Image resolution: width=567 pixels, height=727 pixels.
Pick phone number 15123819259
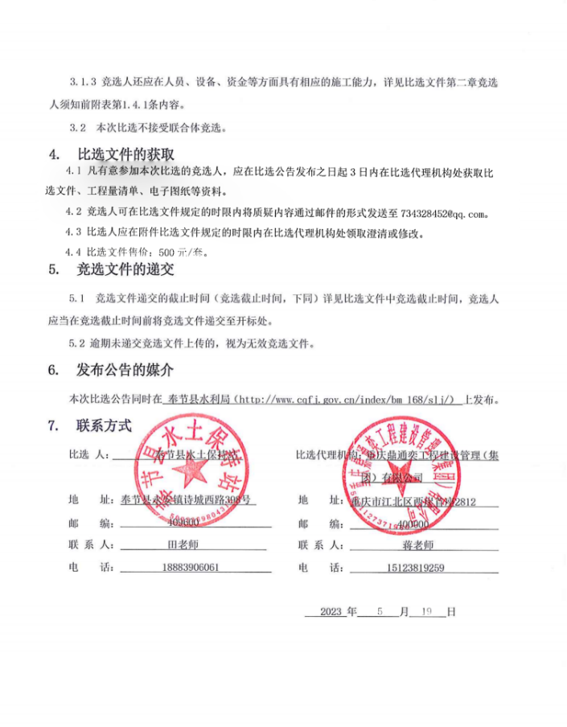(x=416, y=567)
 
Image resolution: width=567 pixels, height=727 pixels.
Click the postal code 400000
(x=413, y=523)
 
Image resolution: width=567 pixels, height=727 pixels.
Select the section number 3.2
(x=78, y=127)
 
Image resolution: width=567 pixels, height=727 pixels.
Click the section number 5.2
(x=77, y=344)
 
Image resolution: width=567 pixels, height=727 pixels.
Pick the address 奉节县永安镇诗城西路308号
(x=187, y=499)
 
